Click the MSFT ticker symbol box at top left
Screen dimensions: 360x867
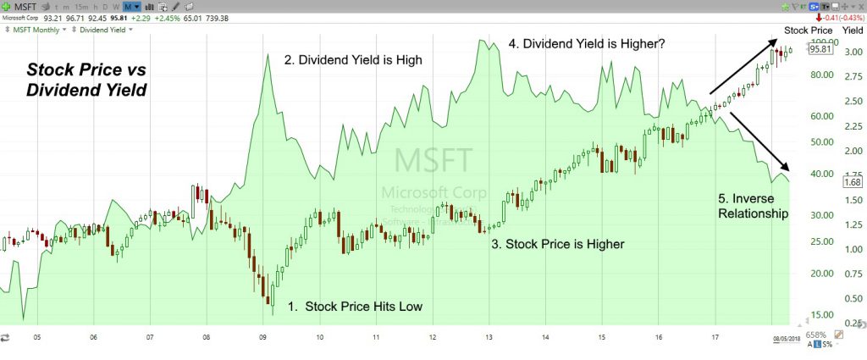(x=25, y=7)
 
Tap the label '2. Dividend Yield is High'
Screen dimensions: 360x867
(x=352, y=60)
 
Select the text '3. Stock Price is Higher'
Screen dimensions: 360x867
(x=558, y=244)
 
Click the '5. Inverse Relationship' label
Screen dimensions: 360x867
(x=753, y=207)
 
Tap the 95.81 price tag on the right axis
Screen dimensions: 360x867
(x=818, y=49)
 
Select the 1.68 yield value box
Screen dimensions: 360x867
(x=853, y=182)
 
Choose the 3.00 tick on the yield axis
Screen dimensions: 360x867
(x=853, y=53)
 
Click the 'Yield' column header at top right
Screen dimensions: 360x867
(x=853, y=30)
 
